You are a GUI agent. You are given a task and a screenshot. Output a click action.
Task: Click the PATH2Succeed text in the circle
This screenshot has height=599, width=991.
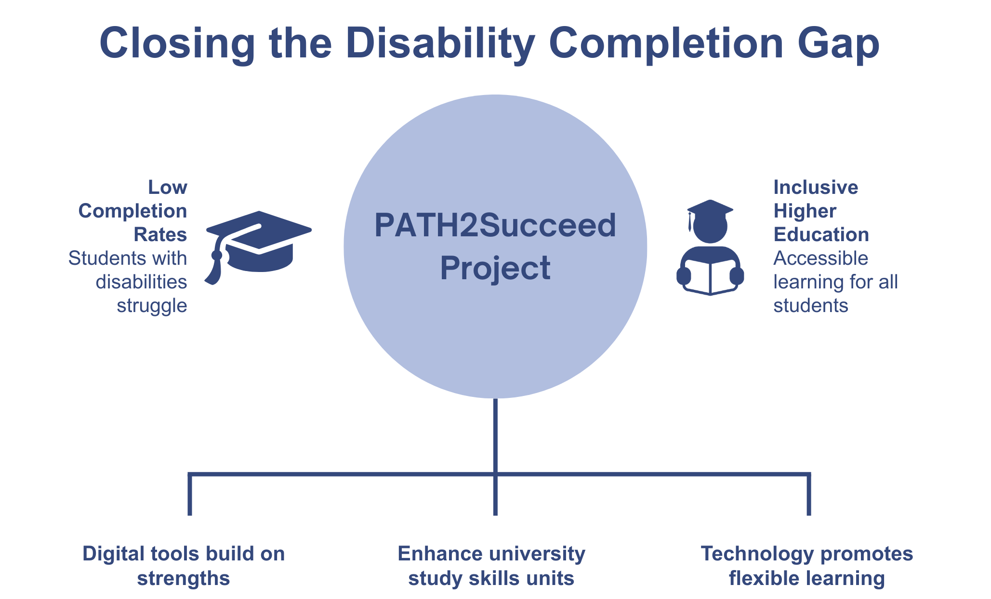tap(495, 226)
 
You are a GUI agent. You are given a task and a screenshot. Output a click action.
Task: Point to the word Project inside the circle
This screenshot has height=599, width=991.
tap(495, 268)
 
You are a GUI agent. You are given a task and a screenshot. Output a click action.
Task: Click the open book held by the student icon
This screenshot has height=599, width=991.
tap(710, 277)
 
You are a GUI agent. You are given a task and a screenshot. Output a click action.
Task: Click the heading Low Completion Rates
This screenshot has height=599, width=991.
tap(140, 211)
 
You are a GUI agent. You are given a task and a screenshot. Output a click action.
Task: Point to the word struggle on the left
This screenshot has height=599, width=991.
tap(152, 305)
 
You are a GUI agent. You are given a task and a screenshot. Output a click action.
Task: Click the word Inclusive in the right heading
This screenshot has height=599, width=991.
tap(816, 187)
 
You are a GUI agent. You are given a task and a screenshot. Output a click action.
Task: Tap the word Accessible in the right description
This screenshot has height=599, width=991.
tap(820, 259)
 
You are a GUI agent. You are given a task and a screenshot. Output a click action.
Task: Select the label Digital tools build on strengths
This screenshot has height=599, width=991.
tap(184, 566)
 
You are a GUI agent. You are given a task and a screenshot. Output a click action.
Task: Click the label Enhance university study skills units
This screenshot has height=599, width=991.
tap(491, 566)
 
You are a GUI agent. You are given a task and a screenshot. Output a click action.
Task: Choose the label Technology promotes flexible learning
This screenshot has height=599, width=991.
tap(807, 566)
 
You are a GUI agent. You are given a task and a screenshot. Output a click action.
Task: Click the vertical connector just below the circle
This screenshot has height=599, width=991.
tap(495, 434)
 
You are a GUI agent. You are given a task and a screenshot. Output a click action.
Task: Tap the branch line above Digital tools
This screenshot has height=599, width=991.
tap(190, 494)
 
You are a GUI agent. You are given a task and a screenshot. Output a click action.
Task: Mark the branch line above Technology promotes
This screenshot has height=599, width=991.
tap(809, 494)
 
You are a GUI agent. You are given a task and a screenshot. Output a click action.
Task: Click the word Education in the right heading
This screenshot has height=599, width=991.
tap(821, 234)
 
